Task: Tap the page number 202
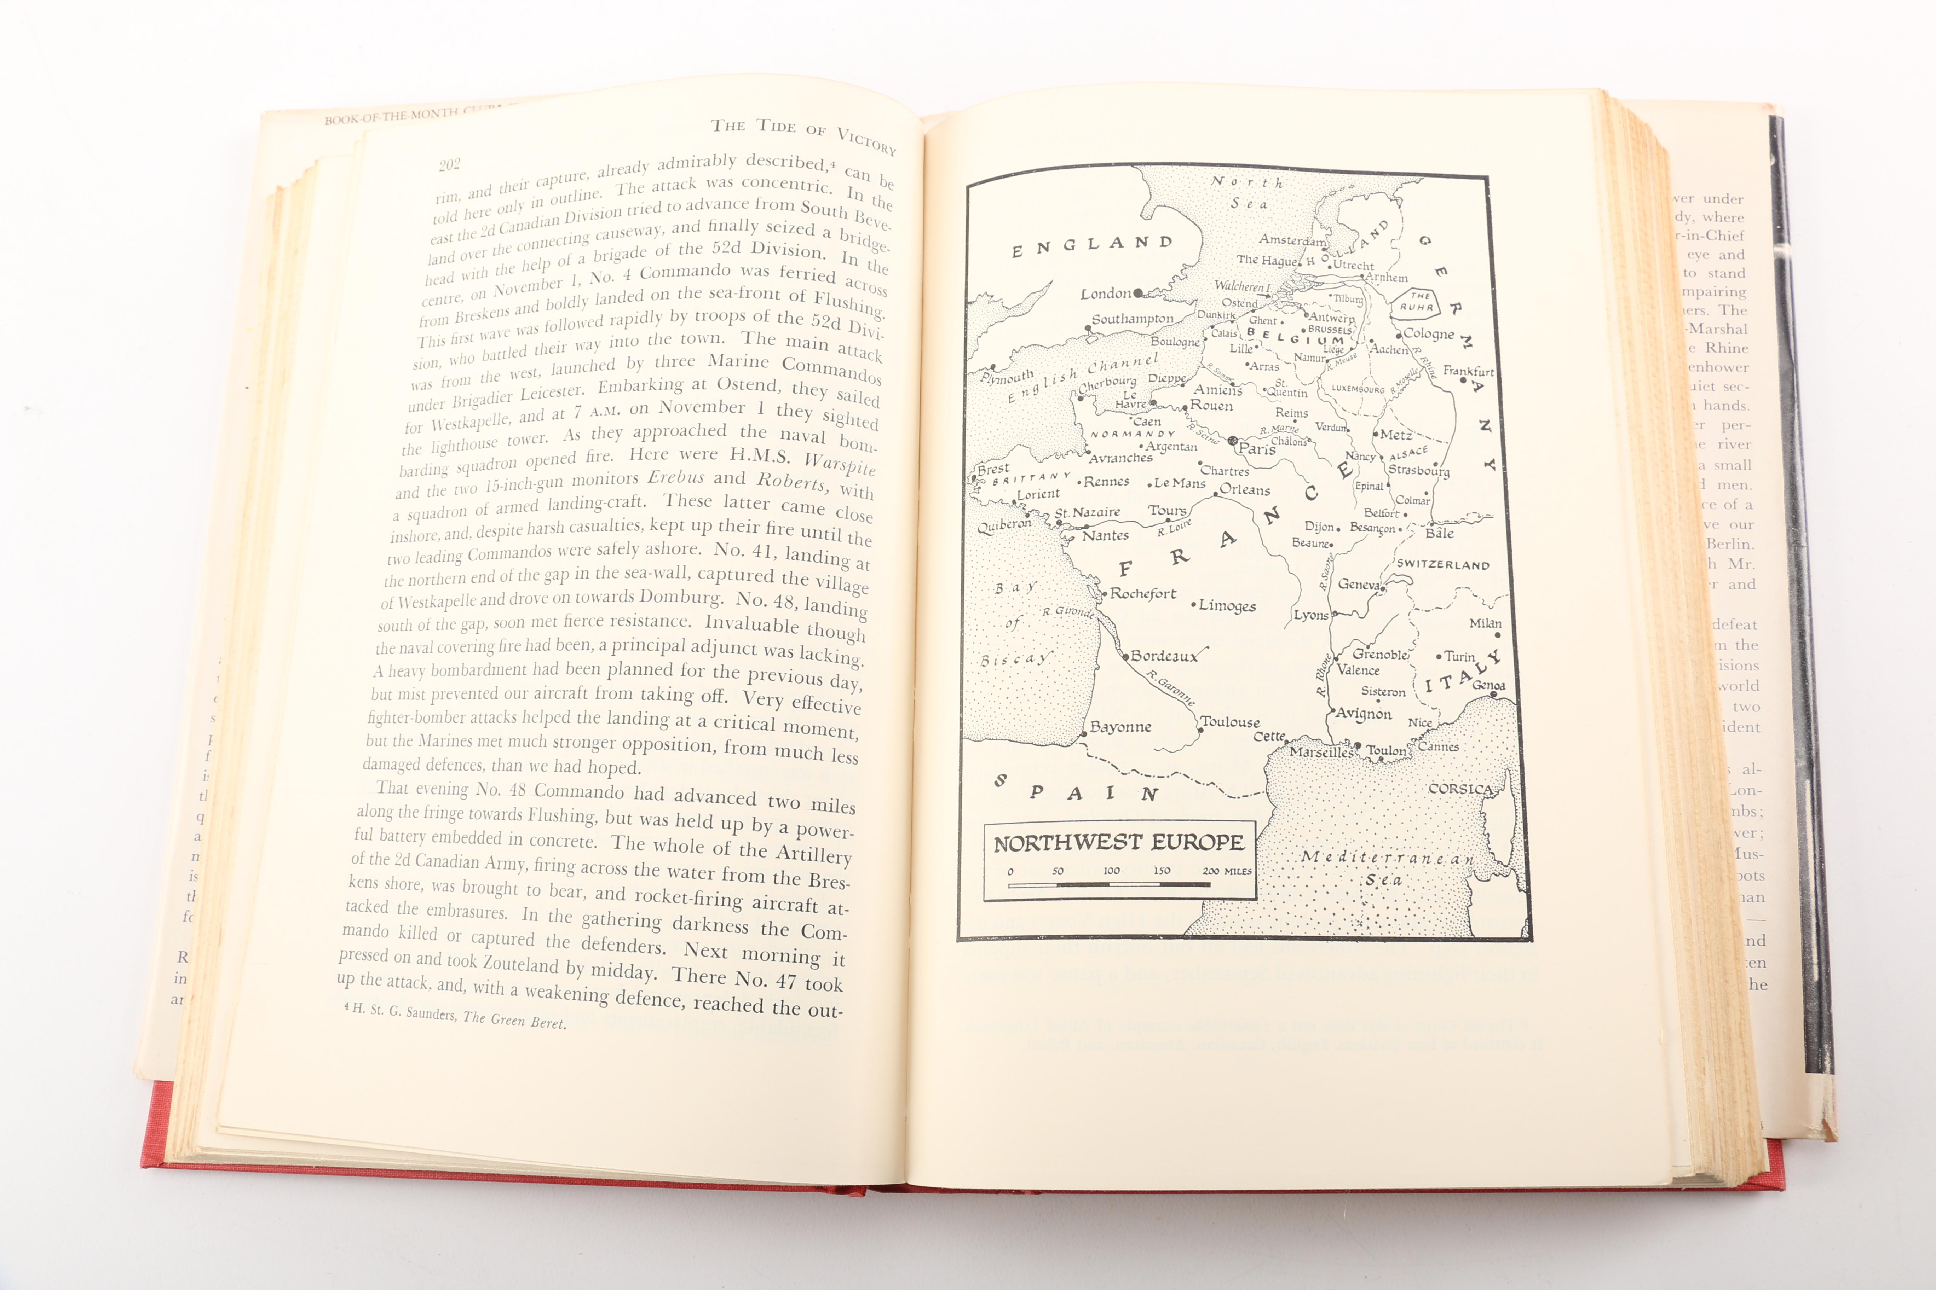pos(449,164)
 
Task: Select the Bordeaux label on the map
pos(1164,656)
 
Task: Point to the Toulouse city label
pos(1230,721)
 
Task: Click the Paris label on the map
pos(1257,448)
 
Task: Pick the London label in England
pos(1106,294)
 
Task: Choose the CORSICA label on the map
pos(1460,788)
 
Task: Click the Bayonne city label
pos(1120,726)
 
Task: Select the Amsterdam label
pos(1292,240)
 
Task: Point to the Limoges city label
pos(1227,605)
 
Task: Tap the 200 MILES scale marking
pos(1227,870)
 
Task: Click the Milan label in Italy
pos(1485,624)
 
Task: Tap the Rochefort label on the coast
pos(1142,593)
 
